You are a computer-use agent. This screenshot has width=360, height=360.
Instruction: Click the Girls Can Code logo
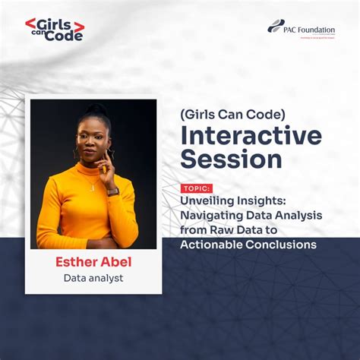pyautogui.click(x=54, y=30)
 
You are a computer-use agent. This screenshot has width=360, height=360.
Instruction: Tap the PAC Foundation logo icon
pyautogui.click(x=276, y=26)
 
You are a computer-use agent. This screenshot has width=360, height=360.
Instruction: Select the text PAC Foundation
pyautogui.click(x=311, y=30)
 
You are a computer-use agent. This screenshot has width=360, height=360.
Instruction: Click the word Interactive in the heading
pyautogui.click(x=251, y=137)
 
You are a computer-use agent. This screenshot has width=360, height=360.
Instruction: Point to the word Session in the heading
pyautogui.click(x=231, y=159)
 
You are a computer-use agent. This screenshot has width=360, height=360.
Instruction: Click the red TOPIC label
pyautogui.click(x=197, y=188)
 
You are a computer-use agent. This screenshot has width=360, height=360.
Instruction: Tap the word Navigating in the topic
pyautogui.click(x=215, y=216)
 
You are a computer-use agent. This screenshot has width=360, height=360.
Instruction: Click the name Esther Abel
pyautogui.click(x=93, y=262)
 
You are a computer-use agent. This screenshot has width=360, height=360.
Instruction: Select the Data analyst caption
pyautogui.click(x=93, y=278)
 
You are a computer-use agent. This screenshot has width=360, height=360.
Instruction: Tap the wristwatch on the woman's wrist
pyautogui.click(x=113, y=191)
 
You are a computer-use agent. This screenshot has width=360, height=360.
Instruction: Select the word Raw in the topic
pyautogui.click(x=228, y=230)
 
